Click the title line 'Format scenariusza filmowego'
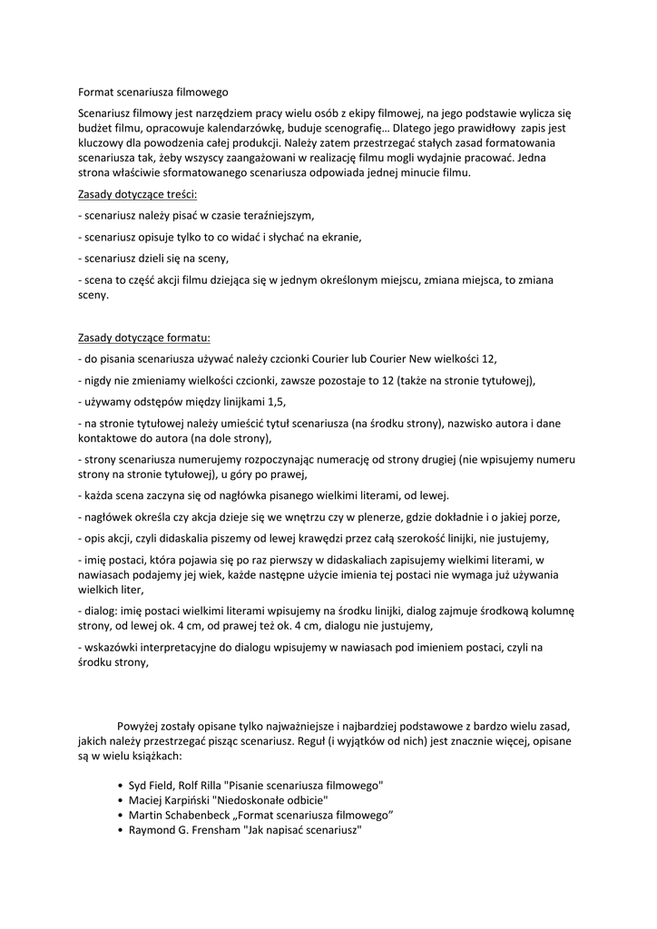coord(153,93)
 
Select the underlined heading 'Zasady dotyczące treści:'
coord(138,194)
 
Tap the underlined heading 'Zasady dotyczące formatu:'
coord(144,337)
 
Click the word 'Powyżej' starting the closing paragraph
coord(141,726)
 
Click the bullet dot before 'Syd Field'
coord(121,785)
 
